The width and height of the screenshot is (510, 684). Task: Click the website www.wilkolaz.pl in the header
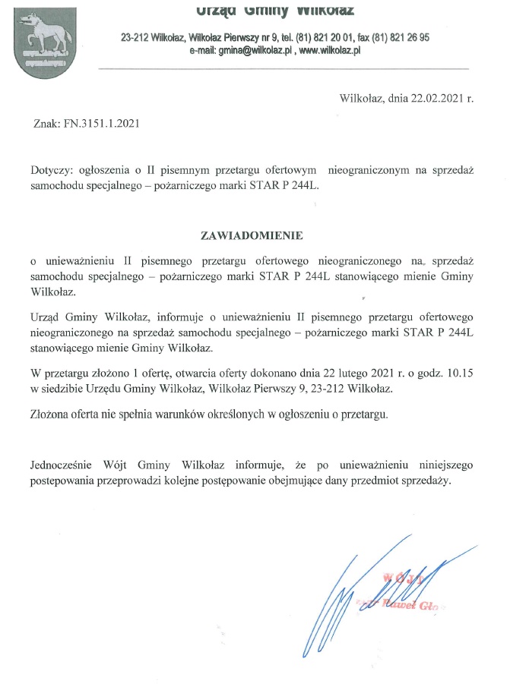(x=329, y=49)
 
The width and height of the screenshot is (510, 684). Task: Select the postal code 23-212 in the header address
(x=135, y=37)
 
